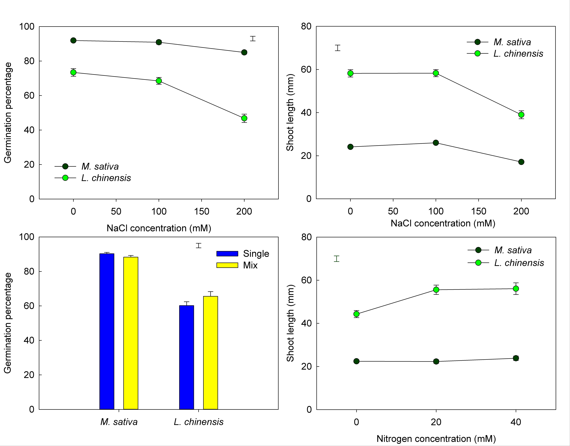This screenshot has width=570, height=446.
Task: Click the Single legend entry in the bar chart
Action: (x=243, y=254)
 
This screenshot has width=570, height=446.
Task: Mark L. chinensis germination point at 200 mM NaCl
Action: (x=244, y=118)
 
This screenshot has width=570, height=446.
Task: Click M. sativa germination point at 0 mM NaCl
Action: (x=73, y=41)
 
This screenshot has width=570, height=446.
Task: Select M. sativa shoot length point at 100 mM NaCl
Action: (x=436, y=143)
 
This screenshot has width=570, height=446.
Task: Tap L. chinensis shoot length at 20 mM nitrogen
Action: (x=436, y=290)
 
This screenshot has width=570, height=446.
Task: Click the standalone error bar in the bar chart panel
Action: (x=199, y=245)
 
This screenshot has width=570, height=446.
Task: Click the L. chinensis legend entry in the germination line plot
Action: (x=93, y=178)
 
